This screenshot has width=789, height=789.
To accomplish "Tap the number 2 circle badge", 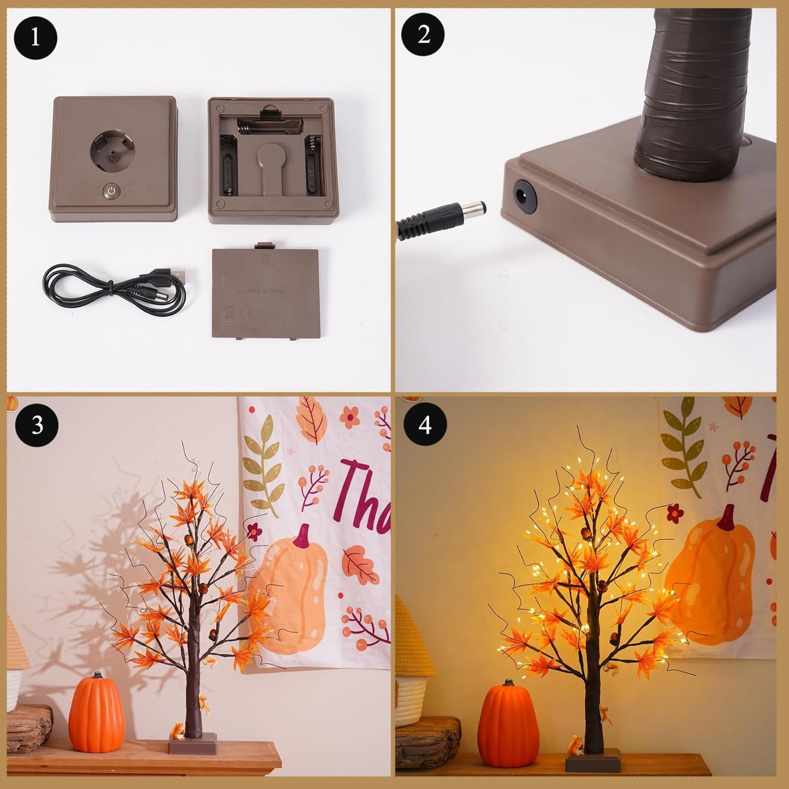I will (423, 34).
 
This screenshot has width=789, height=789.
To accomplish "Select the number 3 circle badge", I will (36, 425).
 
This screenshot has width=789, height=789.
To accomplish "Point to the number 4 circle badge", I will (425, 424).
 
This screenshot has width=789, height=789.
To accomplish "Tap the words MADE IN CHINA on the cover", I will (265, 291).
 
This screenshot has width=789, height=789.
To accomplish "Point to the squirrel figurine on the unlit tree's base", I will (178, 730).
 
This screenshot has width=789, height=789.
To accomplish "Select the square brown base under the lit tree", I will (593, 761).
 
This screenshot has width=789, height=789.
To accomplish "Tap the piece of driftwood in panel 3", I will (29, 727).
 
